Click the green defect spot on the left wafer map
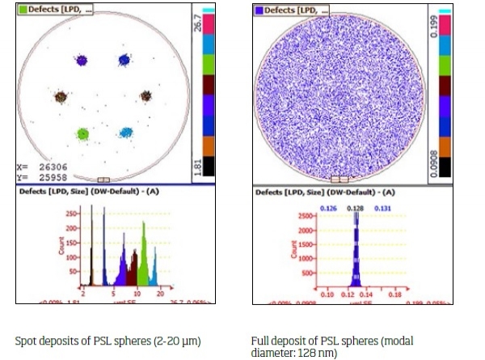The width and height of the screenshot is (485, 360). click(82, 133)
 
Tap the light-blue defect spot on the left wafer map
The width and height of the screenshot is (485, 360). click(125, 131)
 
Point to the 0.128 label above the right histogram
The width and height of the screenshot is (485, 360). click(353, 208)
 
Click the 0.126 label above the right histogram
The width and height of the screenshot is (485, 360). click(328, 208)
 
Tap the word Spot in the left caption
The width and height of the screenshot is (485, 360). click(24, 341)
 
